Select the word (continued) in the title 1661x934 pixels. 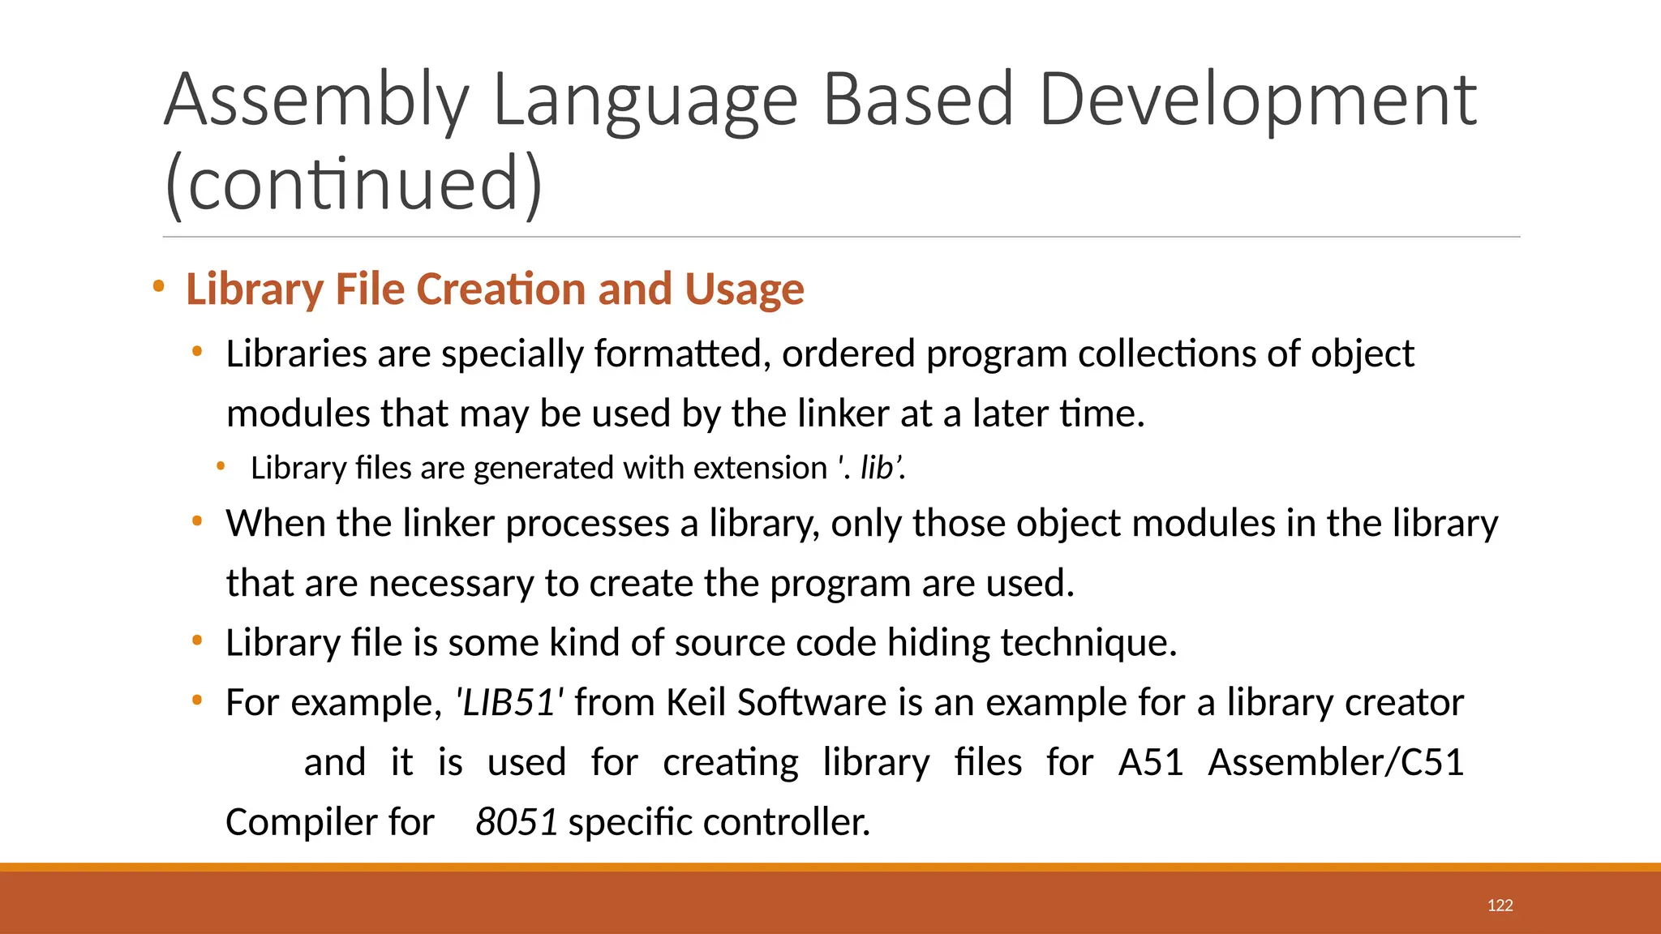[354, 184]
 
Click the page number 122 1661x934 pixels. [1500, 906]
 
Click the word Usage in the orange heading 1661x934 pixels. [744, 289]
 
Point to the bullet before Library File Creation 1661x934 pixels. [159, 286]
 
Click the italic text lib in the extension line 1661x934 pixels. [876, 469]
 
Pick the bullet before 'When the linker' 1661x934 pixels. [197, 521]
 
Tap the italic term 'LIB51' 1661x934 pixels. [510, 703]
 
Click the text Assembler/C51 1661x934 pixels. [1336, 763]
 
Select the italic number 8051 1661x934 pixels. [517, 823]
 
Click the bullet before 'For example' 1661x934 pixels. [197, 700]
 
